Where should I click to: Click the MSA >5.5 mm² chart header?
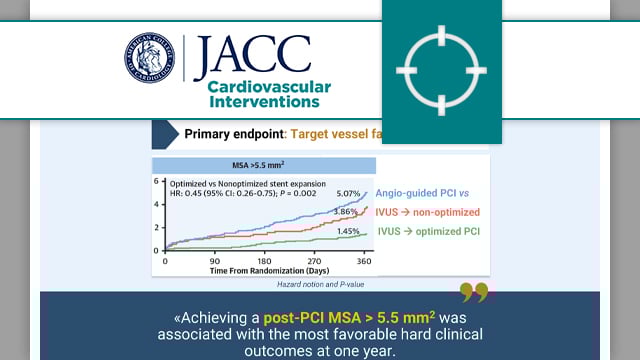tap(264, 165)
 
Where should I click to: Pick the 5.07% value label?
tap(350, 194)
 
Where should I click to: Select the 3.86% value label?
tap(345, 213)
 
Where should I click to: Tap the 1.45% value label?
tap(350, 232)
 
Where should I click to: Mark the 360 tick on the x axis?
tap(364, 260)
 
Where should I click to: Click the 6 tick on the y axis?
tap(157, 181)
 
